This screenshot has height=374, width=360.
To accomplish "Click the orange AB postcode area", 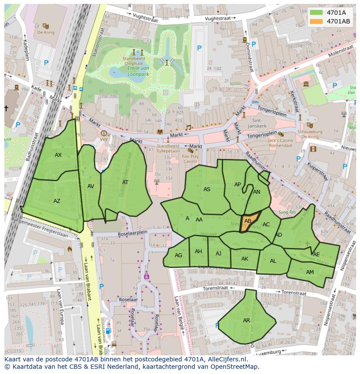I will coord(248,222).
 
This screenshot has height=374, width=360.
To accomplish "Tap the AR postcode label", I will coord(247,321).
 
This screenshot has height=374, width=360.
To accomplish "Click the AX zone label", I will coord(58,155).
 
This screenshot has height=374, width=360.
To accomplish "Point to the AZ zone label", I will coord(57,201).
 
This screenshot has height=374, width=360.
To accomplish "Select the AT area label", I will coord(125,182).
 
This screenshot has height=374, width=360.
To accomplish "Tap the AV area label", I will coord(90,186).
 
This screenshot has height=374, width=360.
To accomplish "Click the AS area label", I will coord(207,189).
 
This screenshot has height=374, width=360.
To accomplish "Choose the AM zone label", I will coord(310,272).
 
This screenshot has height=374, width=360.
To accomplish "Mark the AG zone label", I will coord(178,255).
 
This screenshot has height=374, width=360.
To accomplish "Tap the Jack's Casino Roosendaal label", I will coord(281,143).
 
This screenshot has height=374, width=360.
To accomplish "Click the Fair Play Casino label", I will coord(190,159).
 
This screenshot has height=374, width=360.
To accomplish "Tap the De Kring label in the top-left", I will coord(45,32).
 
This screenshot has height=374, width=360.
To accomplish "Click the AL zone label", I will coord(273,261).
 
